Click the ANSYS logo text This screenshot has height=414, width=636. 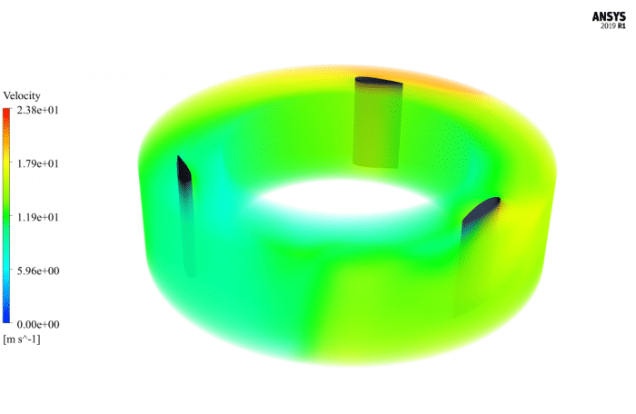(x=610, y=15)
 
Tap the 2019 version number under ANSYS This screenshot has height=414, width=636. (x=606, y=26)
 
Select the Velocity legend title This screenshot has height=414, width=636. (x=22, y=95)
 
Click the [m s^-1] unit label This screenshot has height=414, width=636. (x=22, y=339)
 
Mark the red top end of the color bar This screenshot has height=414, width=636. (x=6, y=113)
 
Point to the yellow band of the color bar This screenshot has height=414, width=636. (x=6, y=168)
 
